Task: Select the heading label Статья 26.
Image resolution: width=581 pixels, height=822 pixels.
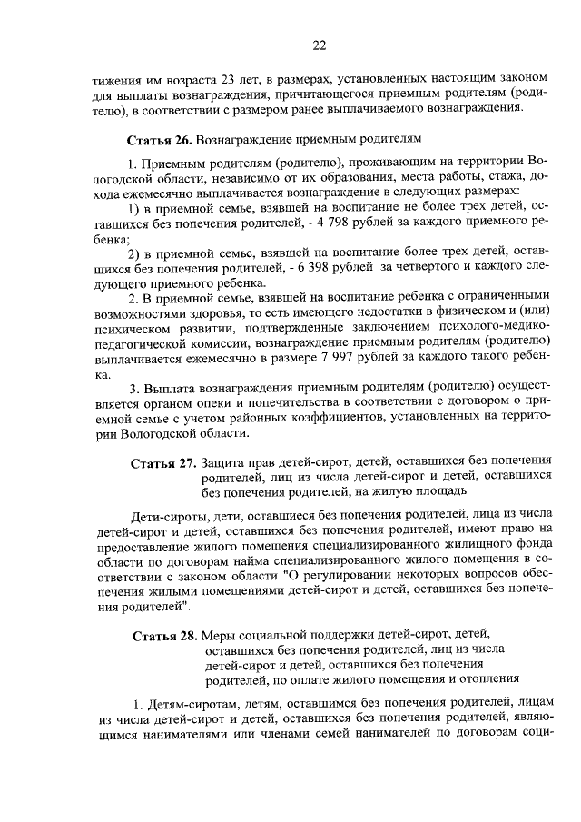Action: tap(158, 140)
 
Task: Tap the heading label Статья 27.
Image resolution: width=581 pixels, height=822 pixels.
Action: tap(162, 461)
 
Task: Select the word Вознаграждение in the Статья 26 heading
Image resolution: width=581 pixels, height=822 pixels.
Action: tap(240, 140)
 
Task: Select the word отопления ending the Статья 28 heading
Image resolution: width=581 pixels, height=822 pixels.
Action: tap(485, 677)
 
